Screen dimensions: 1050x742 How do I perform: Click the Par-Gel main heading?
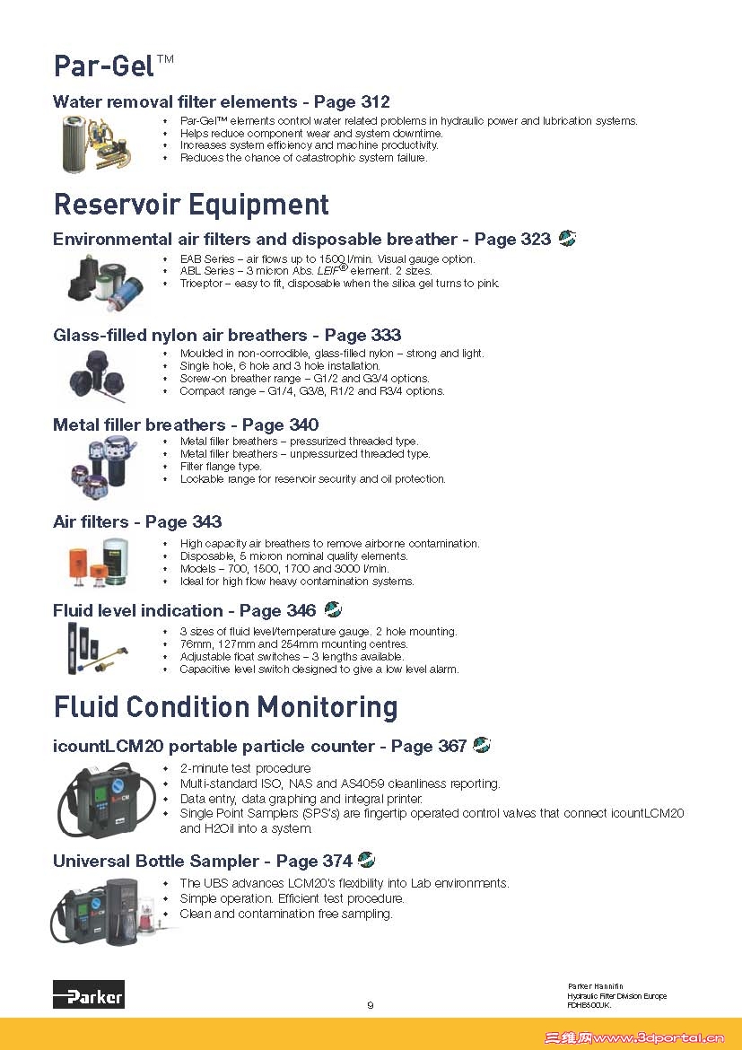(x=113, y=66)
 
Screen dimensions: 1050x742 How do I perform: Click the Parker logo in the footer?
(x=88, y=994)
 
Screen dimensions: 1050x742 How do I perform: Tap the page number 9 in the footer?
(x=371, y=1005)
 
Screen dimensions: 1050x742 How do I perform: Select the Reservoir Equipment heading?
(x=191, y=205)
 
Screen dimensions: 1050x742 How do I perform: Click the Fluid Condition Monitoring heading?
(x=225, y=707)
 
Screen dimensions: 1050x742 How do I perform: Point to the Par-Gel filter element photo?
(x=100, y=142)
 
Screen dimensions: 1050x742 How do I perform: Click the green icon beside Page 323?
(x=567, y=239)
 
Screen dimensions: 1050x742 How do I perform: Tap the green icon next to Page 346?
(x=333, y=610)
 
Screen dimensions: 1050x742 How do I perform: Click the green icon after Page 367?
(x=482, y=745)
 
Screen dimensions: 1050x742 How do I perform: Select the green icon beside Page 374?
(x=366, y=860)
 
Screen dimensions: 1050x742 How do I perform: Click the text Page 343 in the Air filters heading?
(x=183, y=521)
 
